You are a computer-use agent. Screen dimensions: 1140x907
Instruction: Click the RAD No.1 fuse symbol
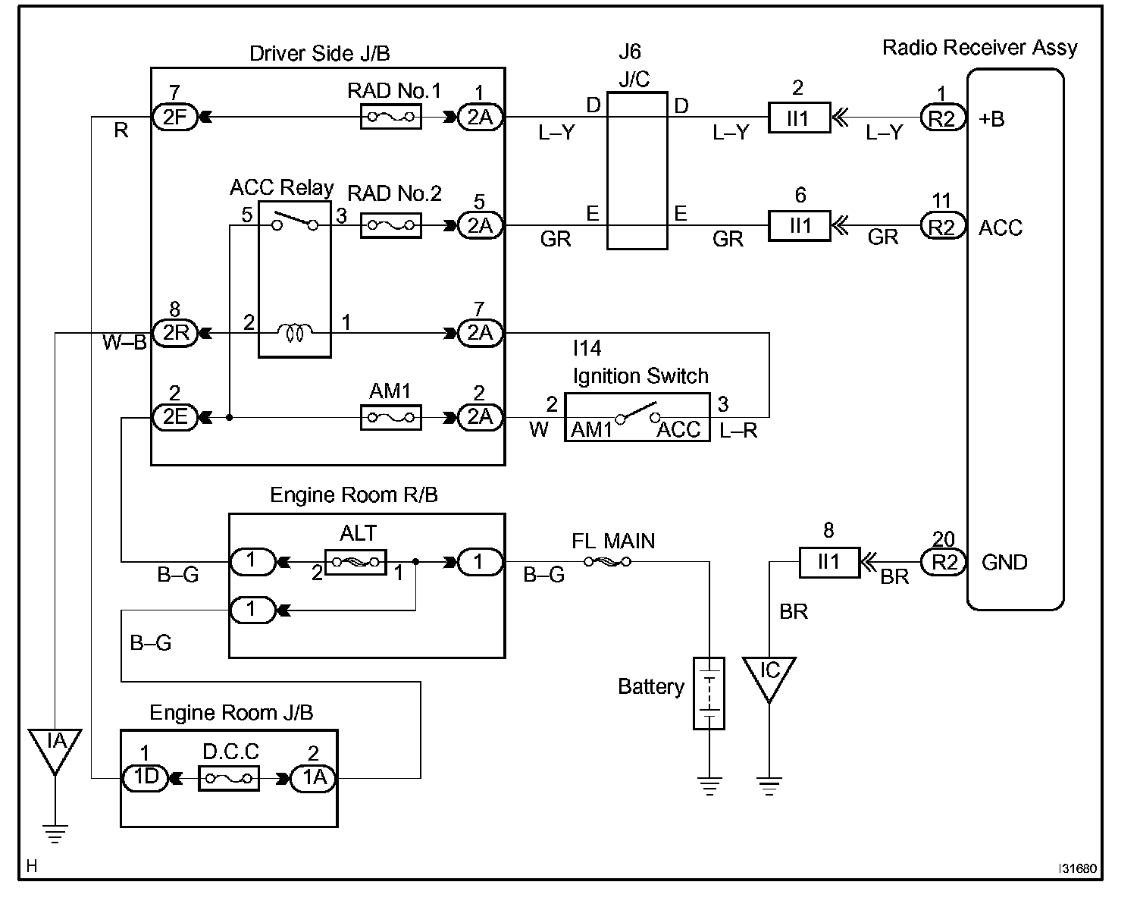click(x=391, y=117)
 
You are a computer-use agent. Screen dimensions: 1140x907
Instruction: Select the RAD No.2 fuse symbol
click(x=391, y=225)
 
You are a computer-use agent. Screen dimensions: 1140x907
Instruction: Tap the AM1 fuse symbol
click(x=391, y=417)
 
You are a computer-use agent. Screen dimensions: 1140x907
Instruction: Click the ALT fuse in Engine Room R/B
click(x=355, y=562)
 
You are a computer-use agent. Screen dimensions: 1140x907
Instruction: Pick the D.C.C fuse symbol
click(x=229, y=778)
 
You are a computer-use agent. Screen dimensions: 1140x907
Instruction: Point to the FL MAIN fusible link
click(x=608, y=561)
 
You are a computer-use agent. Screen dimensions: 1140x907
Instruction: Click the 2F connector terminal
click(x=175, y=117)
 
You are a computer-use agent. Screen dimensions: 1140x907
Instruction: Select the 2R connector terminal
click(x=175, y=333)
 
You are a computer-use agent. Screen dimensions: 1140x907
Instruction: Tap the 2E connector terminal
click(x=175, y=417)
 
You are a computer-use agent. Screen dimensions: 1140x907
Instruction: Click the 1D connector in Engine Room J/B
click(x=146, y=778)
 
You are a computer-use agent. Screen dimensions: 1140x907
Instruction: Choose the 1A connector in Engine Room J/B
click(x=314, y=778)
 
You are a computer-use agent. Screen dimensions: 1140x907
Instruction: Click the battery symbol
click(x=709, y=693)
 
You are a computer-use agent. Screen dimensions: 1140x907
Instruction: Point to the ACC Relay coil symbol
click(x=295, y=333)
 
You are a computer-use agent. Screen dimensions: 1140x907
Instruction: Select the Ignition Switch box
click(x=637, y=417)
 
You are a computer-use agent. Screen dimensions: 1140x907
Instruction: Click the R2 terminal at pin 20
click(x=943, y=562)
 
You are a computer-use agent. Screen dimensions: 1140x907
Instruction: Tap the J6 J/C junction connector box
click(x=637, y=171)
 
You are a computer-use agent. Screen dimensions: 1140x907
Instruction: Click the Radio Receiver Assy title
click(x=979, y=48)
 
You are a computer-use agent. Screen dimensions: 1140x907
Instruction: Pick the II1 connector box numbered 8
click(x=829, y=562)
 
